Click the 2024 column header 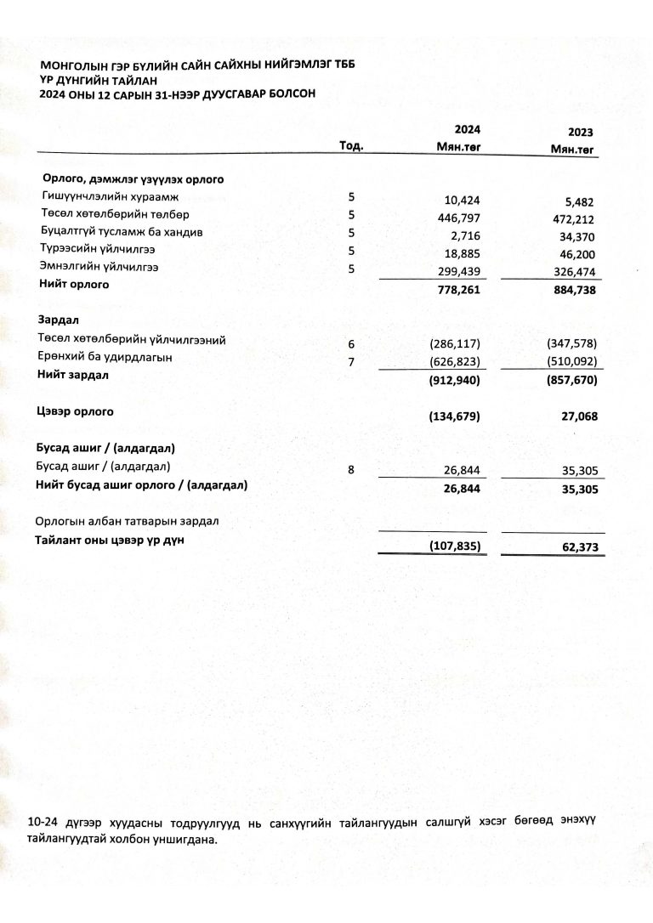(467, 129)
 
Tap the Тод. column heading (351, 146)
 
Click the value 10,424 (463, 201)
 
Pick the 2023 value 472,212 (575, 218)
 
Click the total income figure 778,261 (460, 290)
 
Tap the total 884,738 (574, 290)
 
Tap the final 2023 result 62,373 (579, 548)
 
